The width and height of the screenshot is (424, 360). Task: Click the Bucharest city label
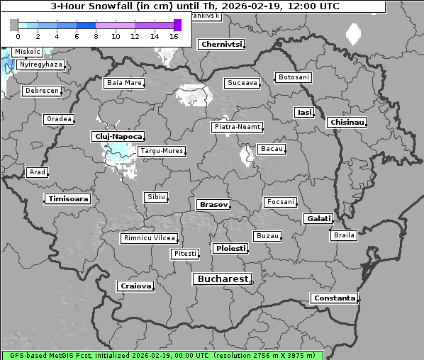pos(223,279)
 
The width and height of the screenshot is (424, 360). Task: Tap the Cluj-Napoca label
pos(118,136)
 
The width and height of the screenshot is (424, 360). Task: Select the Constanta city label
pos(334,298)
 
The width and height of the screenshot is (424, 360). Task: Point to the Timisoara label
pos(68,199)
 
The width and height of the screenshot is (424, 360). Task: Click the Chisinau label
pos(347,123)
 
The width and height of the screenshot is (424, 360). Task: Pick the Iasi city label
pos(303,112)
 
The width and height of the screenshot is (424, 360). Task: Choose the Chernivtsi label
pos(221,44)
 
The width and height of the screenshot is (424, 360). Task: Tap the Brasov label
pos(213,205)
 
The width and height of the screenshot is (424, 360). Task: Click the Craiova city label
pos(135,286)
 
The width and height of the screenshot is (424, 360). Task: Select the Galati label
pos(318,219)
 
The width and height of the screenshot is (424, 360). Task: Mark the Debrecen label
pos(41,91)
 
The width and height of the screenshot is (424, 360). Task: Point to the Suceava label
pos(242,83)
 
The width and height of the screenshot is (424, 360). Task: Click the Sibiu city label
pos(155,197)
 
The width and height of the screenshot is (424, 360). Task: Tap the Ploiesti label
pos(230,249)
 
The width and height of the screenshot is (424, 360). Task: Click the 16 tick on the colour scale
pos(174,35)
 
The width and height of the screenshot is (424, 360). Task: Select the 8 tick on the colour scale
pos(96,35)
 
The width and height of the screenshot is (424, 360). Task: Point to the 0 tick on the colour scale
pos(18,35)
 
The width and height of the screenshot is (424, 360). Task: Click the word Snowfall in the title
pos(114,6)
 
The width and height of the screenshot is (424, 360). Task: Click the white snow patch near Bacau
pos(247,154)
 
